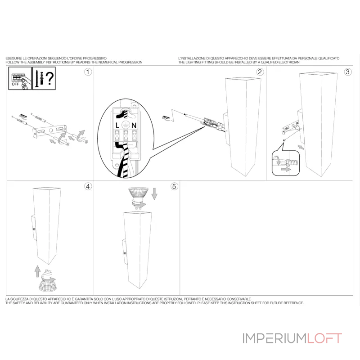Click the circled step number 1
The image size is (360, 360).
point(88,72)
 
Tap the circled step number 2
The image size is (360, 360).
point(260,72)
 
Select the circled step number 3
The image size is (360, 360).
point(347,72)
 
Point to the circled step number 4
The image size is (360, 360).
point(88,186)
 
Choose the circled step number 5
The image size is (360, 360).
point(174,186)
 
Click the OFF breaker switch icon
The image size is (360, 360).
point(20,78)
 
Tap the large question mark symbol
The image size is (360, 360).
point(49,78)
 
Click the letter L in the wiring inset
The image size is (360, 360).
point(117,125)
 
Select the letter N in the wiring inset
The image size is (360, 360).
point(134,126)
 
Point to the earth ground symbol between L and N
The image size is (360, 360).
point(126,125)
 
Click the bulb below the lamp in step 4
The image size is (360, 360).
point(48,281)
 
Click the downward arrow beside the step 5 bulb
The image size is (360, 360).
point(154,193)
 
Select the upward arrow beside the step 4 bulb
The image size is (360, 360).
point(37,271)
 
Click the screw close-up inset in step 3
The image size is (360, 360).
point(286,163)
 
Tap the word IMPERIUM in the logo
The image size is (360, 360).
point(274,338)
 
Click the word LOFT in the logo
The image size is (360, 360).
point(324,338)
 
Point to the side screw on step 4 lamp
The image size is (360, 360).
point(34,229)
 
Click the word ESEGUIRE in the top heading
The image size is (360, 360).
point(14,58)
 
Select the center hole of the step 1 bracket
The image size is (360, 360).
point(51,130)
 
